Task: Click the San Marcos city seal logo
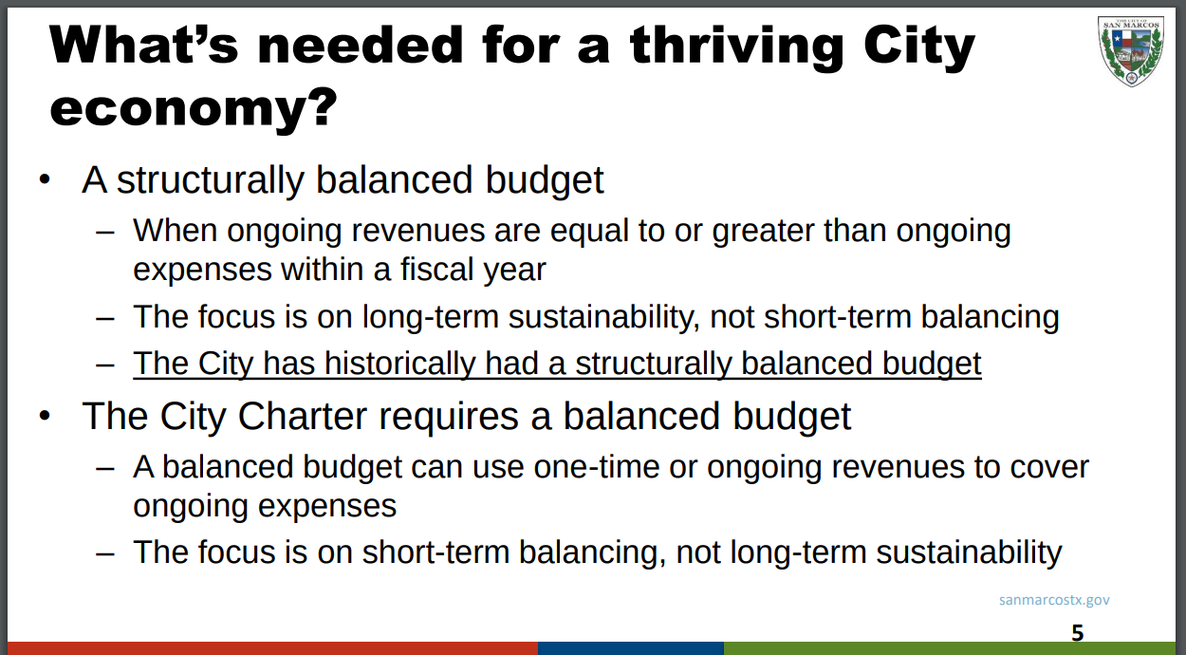(x=1130, y=51)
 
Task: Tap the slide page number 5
(x=1078, y=633)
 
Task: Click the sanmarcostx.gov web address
(x=1054, y=600)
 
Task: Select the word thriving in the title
(x=736, y=47)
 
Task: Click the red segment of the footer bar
(x=272, y=648)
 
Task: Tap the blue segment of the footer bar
(x=631, y=648)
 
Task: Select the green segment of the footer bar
(x=950, y=648)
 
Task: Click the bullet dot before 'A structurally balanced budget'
(x=45, y=179)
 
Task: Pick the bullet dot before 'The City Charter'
(x=45, y=416)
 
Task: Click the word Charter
(x=303, y=416)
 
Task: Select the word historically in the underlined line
(x=399, y=365)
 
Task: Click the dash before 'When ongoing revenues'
(x=105, y=233)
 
